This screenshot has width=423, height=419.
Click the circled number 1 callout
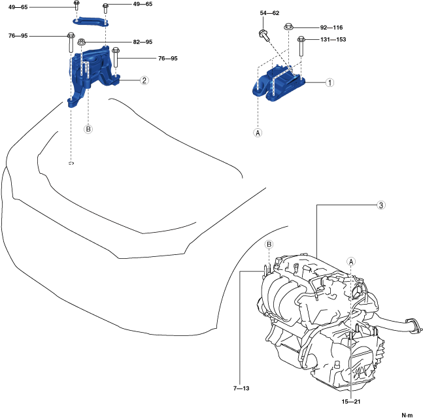[x=330, y=83]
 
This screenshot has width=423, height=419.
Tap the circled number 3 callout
[x=381, y=205]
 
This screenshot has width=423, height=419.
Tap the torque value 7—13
[x=242, y=387]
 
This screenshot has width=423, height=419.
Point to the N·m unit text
[x=407, y=414]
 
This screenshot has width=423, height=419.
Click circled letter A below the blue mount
[x=258, y=133]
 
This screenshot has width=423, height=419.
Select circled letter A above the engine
[x=350, y=260]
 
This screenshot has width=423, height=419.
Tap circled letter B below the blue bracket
[x=88, y=129]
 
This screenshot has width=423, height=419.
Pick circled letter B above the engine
[x=268, y=244]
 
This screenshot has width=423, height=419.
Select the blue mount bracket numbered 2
[x=92, y=72]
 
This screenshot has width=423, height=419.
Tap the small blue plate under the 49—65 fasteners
[x=90, y=24]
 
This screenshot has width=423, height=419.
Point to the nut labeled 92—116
[x=288, y=27]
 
